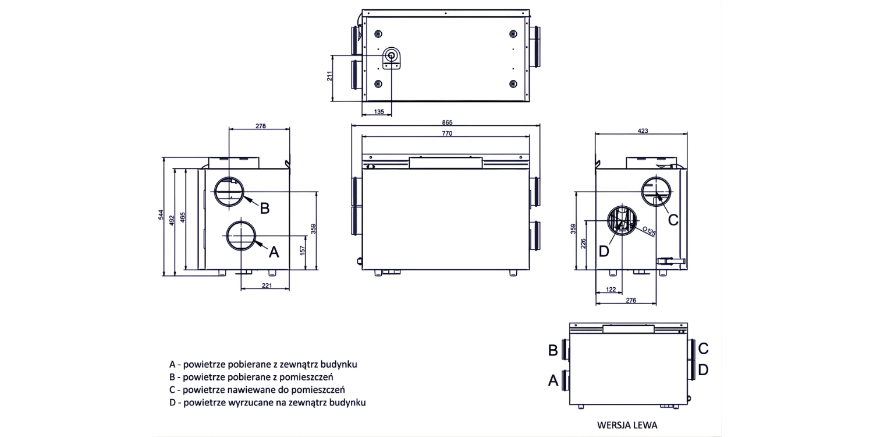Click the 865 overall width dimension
(446, 122)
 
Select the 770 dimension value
(446, 133)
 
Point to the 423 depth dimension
(643, 131)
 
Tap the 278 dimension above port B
(260, 126)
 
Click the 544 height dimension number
(161, 216)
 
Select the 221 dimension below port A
(266, 286)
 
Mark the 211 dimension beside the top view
(329, 76)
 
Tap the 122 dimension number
(611, 290)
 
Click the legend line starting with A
(263, 364)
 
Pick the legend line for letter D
(267, 403)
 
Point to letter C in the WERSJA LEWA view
(703, 348)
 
